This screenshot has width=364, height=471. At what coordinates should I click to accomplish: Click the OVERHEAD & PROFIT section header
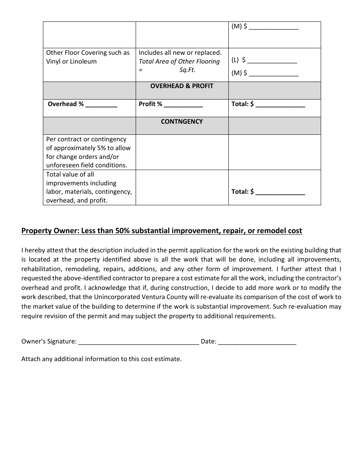coord(182,86)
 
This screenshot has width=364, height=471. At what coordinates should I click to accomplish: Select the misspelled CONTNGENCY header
coord(182,122)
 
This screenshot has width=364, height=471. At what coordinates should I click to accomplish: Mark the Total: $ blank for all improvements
coord(280,192)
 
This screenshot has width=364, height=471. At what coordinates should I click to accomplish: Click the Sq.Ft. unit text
coord(187,70)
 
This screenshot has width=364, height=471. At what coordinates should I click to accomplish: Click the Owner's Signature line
coord(138,342)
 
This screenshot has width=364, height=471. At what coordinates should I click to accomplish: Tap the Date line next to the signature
coord(257,342)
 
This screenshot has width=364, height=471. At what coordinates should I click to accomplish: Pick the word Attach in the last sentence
coord(31,359)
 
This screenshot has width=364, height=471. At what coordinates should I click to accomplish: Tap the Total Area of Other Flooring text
coord(179,62)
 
